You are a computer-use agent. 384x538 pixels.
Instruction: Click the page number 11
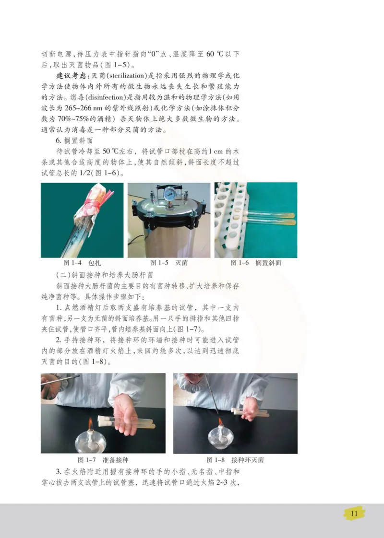click(x=355, y=514)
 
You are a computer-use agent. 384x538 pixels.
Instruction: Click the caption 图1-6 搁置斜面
click(x=255, y=263)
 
